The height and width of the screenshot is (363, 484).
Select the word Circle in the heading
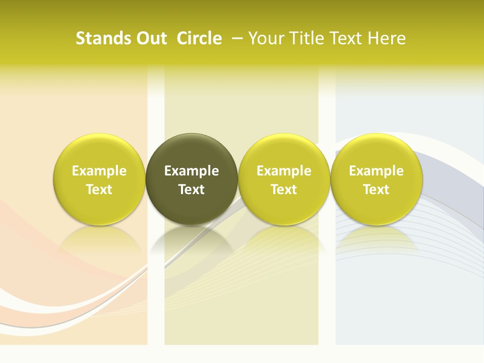[199, 38]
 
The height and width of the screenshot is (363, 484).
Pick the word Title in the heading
[304, 38]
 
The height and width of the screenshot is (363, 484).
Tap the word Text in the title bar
[344, 38]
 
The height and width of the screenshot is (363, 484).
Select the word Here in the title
[387, 38]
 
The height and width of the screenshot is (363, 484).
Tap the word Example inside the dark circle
[192, 171]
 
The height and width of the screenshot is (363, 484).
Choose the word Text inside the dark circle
[192, 190]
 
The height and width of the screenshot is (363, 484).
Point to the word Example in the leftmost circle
[99, 171]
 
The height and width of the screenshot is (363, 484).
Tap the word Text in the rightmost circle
[377, 190]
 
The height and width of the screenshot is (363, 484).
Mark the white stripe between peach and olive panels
[156, 282]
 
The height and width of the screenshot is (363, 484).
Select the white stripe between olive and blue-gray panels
[327, 282]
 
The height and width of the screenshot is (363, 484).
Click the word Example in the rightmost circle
[377, 171]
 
